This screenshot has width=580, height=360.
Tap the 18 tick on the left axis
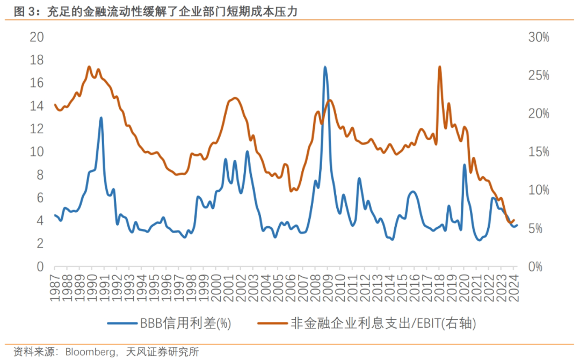pos(37,60)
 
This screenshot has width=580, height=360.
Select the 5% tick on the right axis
pos(539,228)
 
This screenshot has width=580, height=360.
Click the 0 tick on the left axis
pos(40,267)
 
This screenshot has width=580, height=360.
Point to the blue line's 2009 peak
pos(325,67)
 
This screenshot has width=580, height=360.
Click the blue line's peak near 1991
pos(101,118)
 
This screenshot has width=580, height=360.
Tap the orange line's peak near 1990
pos(89,67)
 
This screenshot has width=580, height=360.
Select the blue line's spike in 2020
pos(464,165)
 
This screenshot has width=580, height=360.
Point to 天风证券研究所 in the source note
pos(163,352)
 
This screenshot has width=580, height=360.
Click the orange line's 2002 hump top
pos(235,98)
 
